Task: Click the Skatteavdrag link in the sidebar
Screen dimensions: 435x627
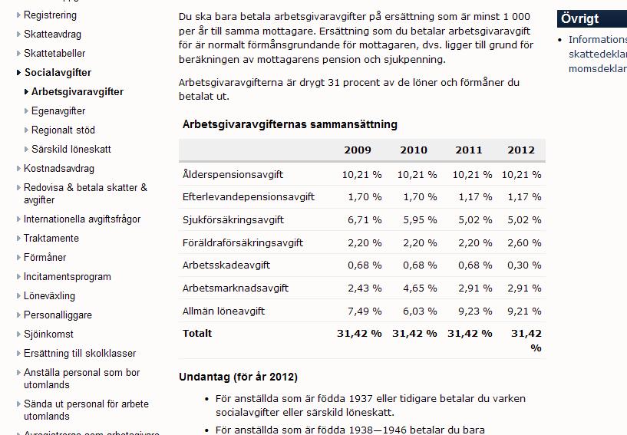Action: (52, 35)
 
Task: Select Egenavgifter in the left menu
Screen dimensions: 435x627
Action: (58, 111)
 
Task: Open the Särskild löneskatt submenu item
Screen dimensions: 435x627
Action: (71, 150)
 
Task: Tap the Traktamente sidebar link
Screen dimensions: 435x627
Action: (51, 239)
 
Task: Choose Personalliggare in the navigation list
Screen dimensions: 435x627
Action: (58, 315)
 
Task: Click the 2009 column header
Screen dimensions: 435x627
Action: (358, 150)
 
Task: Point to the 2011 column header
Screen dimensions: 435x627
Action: (469, 150)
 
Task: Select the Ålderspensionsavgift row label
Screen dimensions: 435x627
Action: (233, 174)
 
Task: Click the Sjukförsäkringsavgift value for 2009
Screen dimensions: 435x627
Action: (361, 220)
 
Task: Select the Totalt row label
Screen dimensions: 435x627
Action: (197, 334)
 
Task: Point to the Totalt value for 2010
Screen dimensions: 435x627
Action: (414, 334)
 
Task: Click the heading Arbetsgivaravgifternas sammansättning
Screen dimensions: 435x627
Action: (290, 124)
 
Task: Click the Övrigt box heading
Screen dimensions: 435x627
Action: (579, 18)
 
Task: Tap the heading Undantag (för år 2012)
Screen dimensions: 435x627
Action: (238, 377)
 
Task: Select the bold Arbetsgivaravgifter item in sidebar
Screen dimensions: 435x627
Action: (77, 92)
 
